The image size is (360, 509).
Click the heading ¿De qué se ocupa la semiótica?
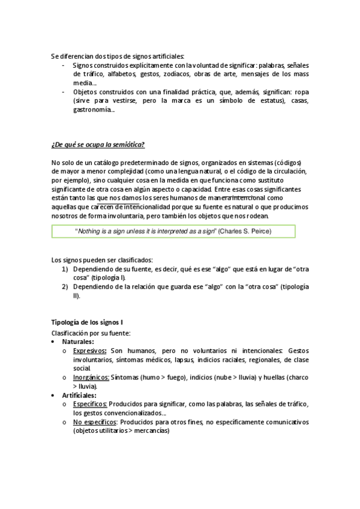[98, 144]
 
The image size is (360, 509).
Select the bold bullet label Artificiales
[79, 396]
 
